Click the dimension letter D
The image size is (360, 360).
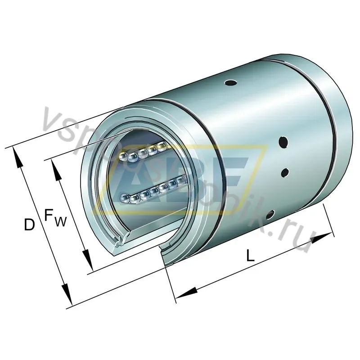point(29,225)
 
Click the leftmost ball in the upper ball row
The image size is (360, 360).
point(122,156)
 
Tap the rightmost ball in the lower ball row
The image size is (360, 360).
point(181,180)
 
